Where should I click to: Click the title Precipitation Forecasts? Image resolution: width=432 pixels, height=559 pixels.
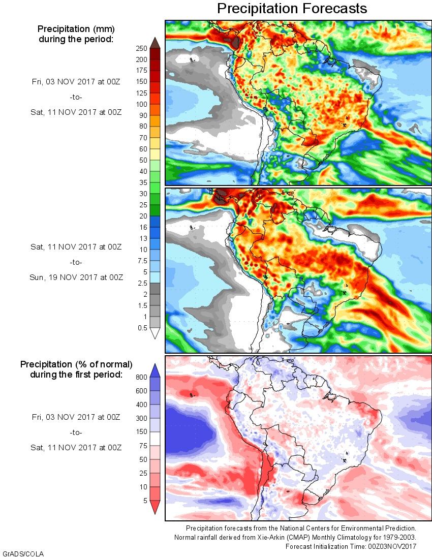coord(292,9)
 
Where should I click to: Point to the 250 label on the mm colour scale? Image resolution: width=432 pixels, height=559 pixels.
coord(141,48)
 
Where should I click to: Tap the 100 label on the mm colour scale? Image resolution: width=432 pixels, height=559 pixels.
coord(141,104)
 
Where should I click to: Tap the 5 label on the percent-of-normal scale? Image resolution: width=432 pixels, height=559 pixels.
coord(144,501)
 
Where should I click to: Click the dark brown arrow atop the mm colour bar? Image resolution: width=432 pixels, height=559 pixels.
coord(156,43)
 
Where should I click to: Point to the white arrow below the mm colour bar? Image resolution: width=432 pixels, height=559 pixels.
coord(156,333)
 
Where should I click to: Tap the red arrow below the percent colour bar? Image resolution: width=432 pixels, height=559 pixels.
coord(156,507)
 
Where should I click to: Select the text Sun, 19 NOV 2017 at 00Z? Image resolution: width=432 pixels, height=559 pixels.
coord(76,277)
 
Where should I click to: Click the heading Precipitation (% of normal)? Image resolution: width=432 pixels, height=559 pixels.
coord(76,364)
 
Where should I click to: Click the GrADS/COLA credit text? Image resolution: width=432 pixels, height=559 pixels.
coord(19,553)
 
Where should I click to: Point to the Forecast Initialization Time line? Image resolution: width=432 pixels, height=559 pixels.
coord(351,546)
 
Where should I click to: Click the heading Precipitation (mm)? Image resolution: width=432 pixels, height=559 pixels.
coord(76,29)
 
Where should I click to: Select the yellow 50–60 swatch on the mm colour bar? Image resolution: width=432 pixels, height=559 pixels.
coord(156,154)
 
